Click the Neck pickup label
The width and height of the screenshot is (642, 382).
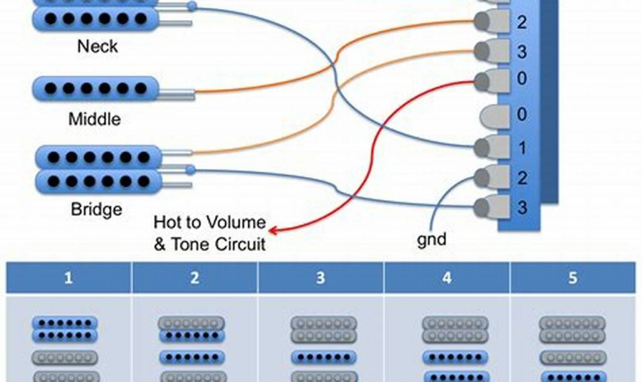click(97, 46)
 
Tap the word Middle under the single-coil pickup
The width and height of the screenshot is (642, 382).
click(95, 119)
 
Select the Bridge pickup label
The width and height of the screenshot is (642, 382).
click(96, 208)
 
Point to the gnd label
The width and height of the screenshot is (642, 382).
click(431, 238)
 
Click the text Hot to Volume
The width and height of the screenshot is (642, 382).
click(209, 223)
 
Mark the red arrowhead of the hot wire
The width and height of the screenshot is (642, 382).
click(274, 231)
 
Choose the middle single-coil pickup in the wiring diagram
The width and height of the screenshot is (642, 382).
click(95, 88)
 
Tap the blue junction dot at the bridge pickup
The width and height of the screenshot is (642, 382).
click(190, 169)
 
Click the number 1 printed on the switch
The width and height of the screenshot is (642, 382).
click(522, 149)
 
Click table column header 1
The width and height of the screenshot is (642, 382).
click(68, 278)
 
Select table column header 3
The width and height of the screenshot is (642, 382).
click(320, 278)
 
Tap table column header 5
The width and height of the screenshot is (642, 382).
click(572, 278)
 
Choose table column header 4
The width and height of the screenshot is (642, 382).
click(446, 278)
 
